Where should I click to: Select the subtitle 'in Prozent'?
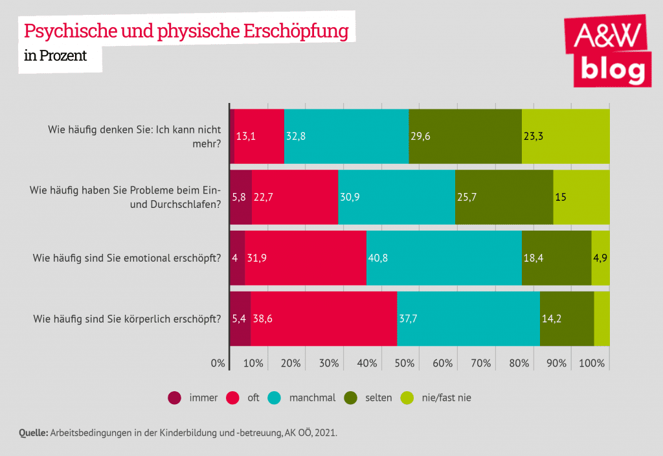[55, 56]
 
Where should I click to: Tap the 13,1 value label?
[245, 137]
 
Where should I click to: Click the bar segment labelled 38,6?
[324, 319]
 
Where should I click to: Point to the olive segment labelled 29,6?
[465, 136]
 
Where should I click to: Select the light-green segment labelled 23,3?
[565, 136]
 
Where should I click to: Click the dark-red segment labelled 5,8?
[240, 197]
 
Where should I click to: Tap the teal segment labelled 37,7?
[468, 319]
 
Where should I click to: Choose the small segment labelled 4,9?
[600, 258]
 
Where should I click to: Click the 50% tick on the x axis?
[405, 363]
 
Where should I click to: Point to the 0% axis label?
[218, 363]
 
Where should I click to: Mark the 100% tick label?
[592, 363]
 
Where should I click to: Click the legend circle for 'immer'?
[174, 398]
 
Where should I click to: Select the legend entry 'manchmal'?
[312, 398]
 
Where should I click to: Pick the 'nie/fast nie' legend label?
[446, 398]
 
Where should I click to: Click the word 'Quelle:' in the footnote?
[34, 433]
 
